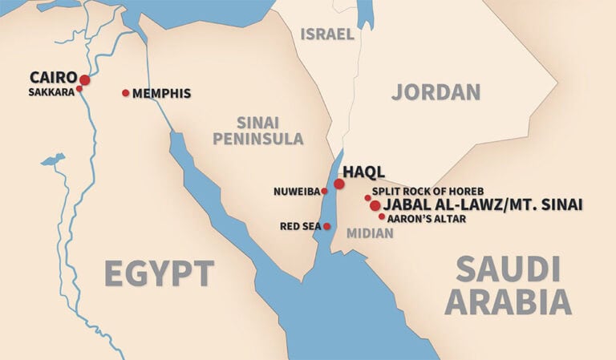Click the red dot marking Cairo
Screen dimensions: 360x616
coord(84,79)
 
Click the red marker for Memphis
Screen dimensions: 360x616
coord(125,93)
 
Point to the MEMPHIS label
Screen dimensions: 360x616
coord(161,93)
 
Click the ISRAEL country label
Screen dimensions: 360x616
coord(326,34)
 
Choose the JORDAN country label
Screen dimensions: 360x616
coord(436,91)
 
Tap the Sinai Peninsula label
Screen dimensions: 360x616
coord(269,130)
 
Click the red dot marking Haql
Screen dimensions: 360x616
coord(339,184)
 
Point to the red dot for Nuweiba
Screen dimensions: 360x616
coord(324,192)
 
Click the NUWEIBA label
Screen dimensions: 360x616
coord(297,192)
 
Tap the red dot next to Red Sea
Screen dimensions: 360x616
coord(326,227)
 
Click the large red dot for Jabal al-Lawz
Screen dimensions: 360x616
coord(375,206)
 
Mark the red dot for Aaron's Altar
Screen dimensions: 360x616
coord(382,216)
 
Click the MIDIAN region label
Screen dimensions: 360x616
coord(370,233)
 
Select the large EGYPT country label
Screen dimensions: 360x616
coord(159,273)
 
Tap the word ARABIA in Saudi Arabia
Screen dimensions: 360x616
coord(508,302)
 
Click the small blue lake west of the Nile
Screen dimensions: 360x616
coord(53,160)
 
